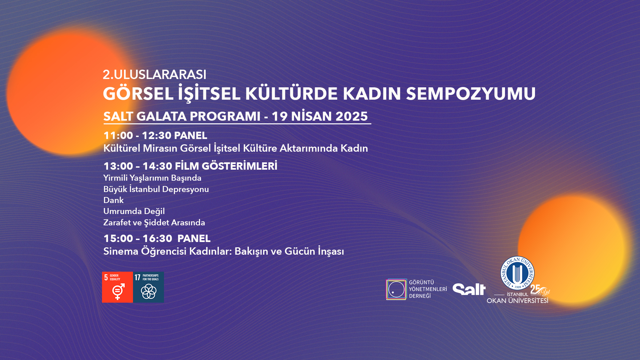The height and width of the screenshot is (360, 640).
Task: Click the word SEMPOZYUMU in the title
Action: [471, 94]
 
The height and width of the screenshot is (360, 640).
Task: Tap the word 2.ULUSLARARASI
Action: [155, 75]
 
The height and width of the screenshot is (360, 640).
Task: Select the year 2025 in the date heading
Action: [351, 116]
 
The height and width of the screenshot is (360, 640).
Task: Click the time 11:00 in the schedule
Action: [118, 136]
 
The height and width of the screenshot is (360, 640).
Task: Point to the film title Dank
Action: [113, 200]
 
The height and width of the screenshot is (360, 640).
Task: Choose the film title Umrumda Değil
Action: [134, 212]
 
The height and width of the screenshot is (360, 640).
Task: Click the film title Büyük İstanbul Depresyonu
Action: [156, 189]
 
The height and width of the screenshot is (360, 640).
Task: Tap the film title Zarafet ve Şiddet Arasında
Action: [154, 223]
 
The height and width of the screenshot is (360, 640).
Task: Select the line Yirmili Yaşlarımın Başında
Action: [152, 178]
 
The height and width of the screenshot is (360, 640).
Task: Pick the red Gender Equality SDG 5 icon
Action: [117, 287]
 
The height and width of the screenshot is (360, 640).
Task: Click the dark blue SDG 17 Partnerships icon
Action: [149, 287]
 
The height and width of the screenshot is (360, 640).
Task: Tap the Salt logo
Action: [469, 289]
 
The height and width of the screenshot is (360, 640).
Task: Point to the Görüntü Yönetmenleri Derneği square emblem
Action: [397, 289]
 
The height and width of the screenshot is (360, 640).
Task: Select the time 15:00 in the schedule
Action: [118, 239]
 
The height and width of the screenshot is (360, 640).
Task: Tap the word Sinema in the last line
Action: [121, 251]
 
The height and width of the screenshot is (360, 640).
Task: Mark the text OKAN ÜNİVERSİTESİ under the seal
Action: [517, 301]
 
